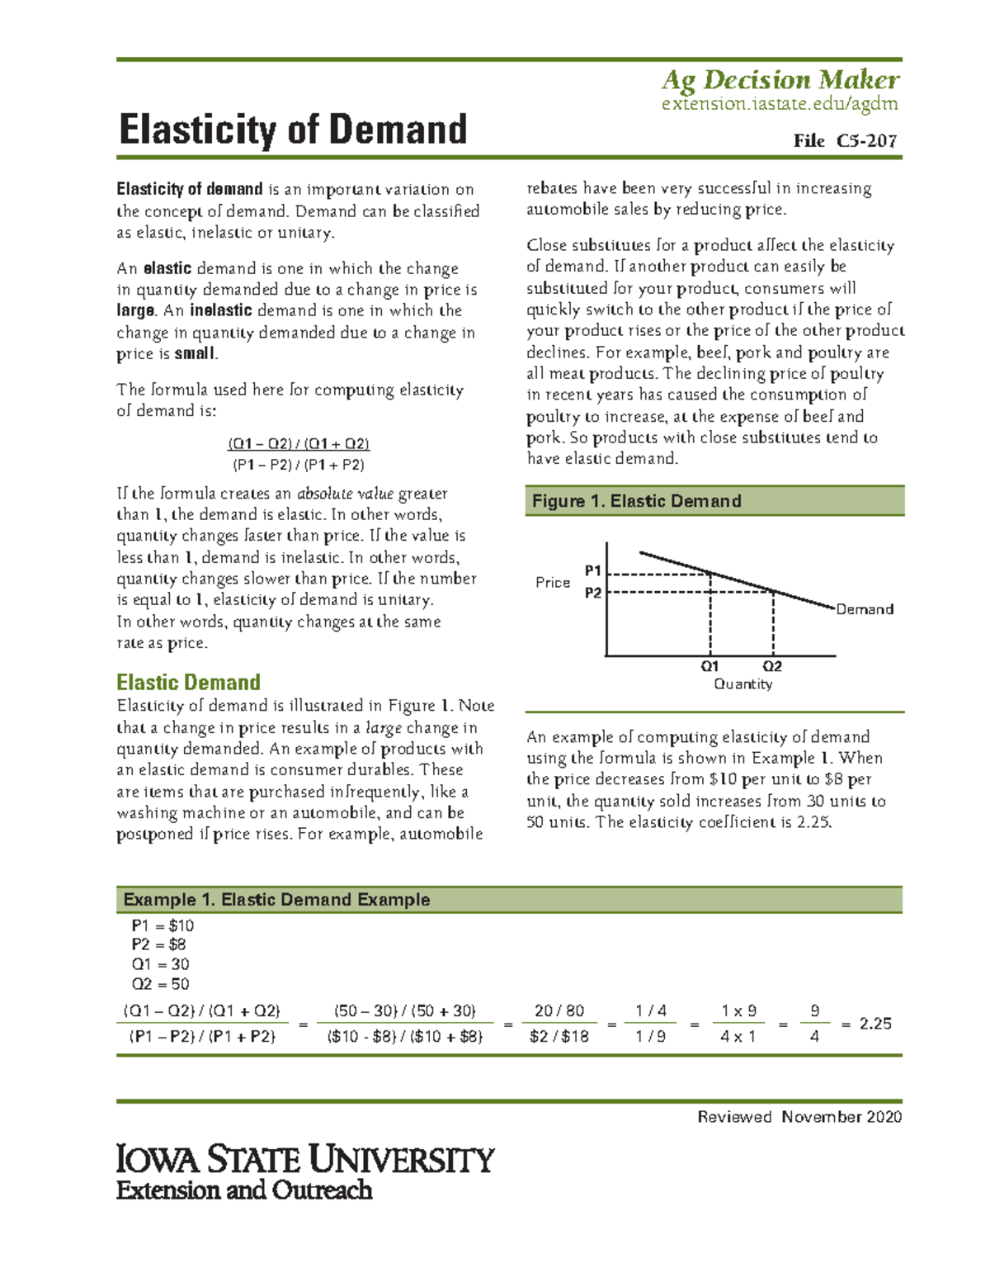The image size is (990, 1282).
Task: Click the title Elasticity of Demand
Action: (293, 130)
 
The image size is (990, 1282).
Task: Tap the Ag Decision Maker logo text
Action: (780, 80)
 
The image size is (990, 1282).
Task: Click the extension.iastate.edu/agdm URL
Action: (780, 104)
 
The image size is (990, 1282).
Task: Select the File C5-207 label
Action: (845, 141)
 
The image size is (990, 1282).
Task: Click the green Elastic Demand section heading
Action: (188, 683)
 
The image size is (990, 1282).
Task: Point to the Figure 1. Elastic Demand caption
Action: (636, 501)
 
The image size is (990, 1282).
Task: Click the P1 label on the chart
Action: (593, 570)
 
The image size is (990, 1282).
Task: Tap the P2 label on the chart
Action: (593, 593)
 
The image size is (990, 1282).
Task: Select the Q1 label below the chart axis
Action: (710, 666)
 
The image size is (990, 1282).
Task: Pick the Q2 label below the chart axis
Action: (772, 666)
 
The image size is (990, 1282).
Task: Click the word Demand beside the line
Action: (865, 609)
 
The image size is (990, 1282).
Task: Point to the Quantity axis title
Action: (742, 684)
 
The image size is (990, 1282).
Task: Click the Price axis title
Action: (553, 583)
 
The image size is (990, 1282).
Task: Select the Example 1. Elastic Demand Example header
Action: (276, 900)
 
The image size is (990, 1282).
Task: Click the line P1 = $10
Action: (163, 926)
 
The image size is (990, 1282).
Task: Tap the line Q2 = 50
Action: (160, 984)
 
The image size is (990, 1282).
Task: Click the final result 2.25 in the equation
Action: (875, 1024)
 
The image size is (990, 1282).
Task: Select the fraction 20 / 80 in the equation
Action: (559, 1011)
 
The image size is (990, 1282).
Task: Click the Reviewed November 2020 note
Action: (799, 1117)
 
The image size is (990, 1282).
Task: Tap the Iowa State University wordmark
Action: (305, 1160)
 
